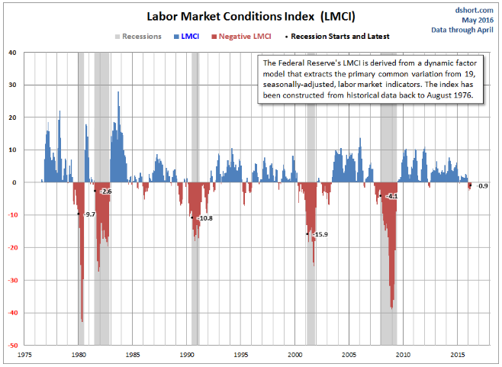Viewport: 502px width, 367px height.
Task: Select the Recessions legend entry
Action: point(138,37)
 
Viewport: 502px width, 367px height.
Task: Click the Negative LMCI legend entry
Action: point(241,37)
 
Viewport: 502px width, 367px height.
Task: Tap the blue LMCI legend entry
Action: point(186,37)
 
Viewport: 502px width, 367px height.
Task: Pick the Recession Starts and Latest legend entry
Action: point(337,37)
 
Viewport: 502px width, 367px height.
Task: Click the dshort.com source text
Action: point(474,10)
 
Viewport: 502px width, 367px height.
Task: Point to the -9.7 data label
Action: point(90,214)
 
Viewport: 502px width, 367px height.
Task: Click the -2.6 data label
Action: point(105,192)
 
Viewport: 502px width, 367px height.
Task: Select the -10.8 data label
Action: point(205,218)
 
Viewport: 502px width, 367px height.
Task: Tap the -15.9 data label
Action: point(320,234)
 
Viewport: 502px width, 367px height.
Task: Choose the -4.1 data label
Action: point(391,196)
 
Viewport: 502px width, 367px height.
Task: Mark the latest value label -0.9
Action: point(482,186)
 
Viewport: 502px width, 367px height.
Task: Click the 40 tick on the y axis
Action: point(12,53)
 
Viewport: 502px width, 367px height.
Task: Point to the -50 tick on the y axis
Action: point(13,346)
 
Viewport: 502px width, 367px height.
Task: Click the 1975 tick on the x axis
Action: point(24,355)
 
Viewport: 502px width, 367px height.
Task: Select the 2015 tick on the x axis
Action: point(458,355)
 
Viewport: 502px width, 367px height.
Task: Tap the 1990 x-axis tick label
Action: point(187,355)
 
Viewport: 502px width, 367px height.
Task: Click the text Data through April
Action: point(462,30)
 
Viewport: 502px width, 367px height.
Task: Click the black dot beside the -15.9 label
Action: point(307,234)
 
